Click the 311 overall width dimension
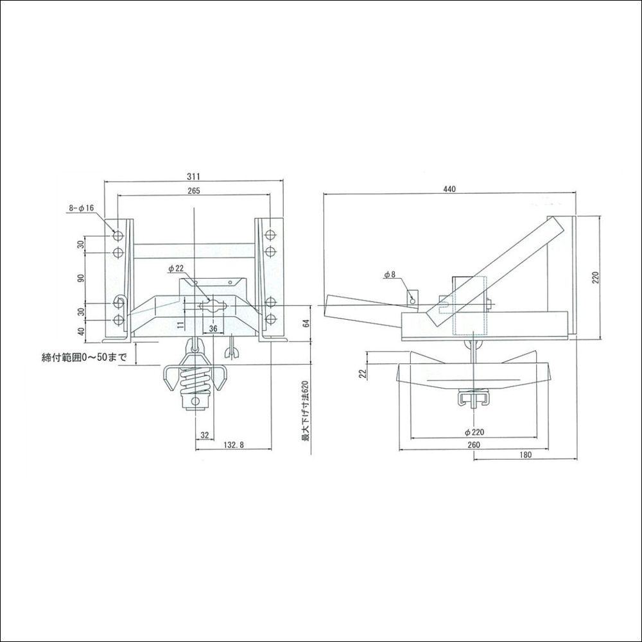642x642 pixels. (x=195, y=176)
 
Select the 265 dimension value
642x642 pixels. (x=195, y=191)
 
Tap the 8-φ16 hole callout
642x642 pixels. (x=82, y=208)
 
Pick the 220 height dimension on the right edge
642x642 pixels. (x=596, y=277)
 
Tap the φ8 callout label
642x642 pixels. (x=390, y=275)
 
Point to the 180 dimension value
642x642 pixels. (x=525, y=455)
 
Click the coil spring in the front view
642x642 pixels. (x=194, y=381)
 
